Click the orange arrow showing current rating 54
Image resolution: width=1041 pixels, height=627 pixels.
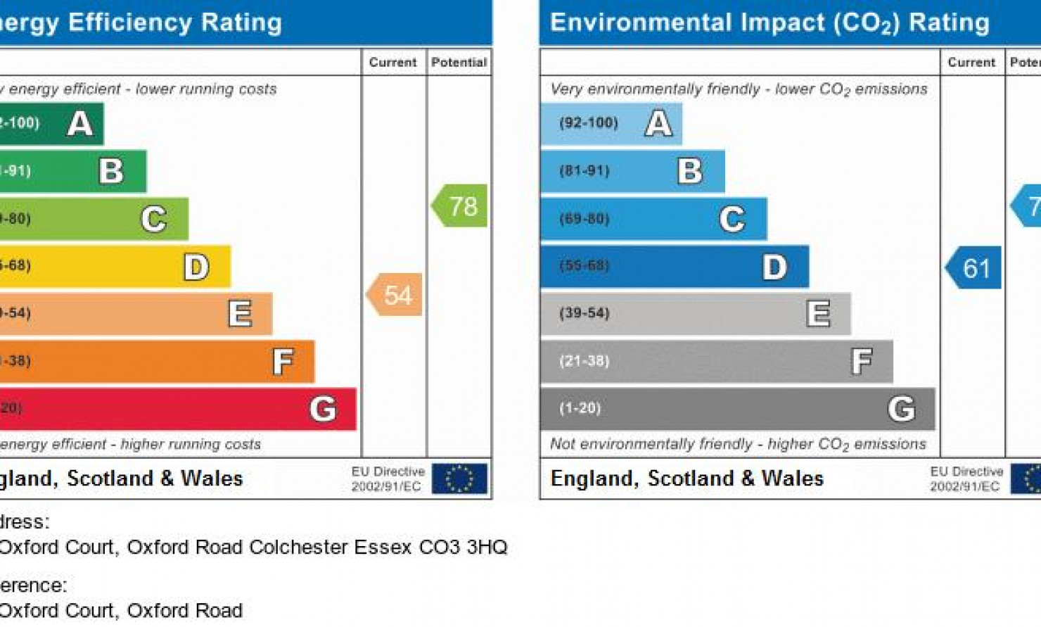click(395, 295)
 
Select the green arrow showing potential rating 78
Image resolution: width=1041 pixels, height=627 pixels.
click(460, 205)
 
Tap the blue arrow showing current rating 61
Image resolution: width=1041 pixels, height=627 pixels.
click(974, 267)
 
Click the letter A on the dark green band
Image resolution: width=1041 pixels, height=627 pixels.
click(80, 124)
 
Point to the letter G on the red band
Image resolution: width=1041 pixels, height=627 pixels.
click(323, 409)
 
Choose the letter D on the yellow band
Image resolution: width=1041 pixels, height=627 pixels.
click(196, 267)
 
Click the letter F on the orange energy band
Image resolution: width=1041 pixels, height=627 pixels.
click(283, 362)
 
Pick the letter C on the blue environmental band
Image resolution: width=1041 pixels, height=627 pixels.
click(732, 219)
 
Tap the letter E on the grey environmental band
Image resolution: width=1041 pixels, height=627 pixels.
click(818, 314)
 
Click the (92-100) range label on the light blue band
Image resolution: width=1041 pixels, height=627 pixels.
click(589, 123)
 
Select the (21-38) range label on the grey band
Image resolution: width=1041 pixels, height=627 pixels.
click(584, 361)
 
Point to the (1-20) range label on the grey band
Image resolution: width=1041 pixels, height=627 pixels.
click(580, 408)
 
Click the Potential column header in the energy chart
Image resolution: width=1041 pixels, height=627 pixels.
click(459, 63)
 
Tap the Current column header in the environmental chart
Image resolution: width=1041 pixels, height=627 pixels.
click(971, 63)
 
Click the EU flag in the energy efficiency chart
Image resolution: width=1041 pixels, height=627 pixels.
click(459, 479)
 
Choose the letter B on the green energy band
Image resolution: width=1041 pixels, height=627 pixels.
click(111, 171)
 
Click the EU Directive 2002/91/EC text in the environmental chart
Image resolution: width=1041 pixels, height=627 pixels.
click(966, 479)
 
